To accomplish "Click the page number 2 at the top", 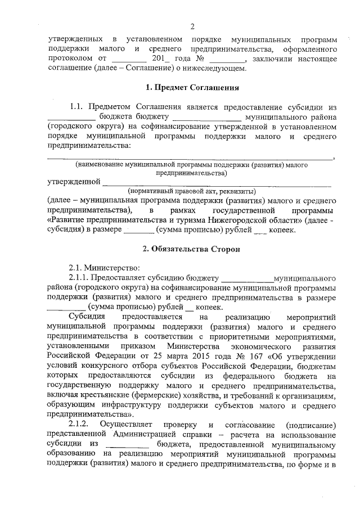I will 192,26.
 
